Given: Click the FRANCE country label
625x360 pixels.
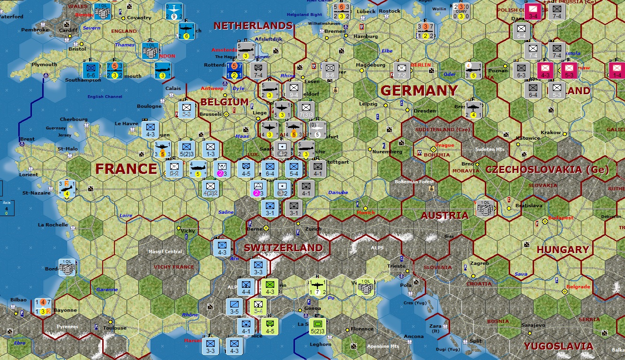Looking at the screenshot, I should (126, 169).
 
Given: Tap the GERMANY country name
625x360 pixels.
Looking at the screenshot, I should (419, 90).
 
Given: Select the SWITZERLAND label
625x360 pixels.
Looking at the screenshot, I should (283, 247).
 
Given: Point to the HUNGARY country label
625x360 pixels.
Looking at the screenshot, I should (563, 250).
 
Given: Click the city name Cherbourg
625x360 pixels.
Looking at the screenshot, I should (74, 120).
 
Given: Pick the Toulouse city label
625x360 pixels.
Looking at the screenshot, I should (115, 328).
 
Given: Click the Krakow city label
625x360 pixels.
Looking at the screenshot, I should (550, 133).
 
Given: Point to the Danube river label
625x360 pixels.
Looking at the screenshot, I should (338, 193).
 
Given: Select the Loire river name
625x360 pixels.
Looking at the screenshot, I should (126, 215).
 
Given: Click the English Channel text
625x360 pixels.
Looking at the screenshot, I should (105, 97).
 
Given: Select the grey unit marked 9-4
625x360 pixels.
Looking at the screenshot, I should (294, 90).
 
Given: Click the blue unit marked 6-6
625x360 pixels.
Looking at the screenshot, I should (91, 70).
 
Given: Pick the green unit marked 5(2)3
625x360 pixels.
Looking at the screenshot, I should (318, 326).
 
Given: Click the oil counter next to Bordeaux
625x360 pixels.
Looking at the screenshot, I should (67, 267).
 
